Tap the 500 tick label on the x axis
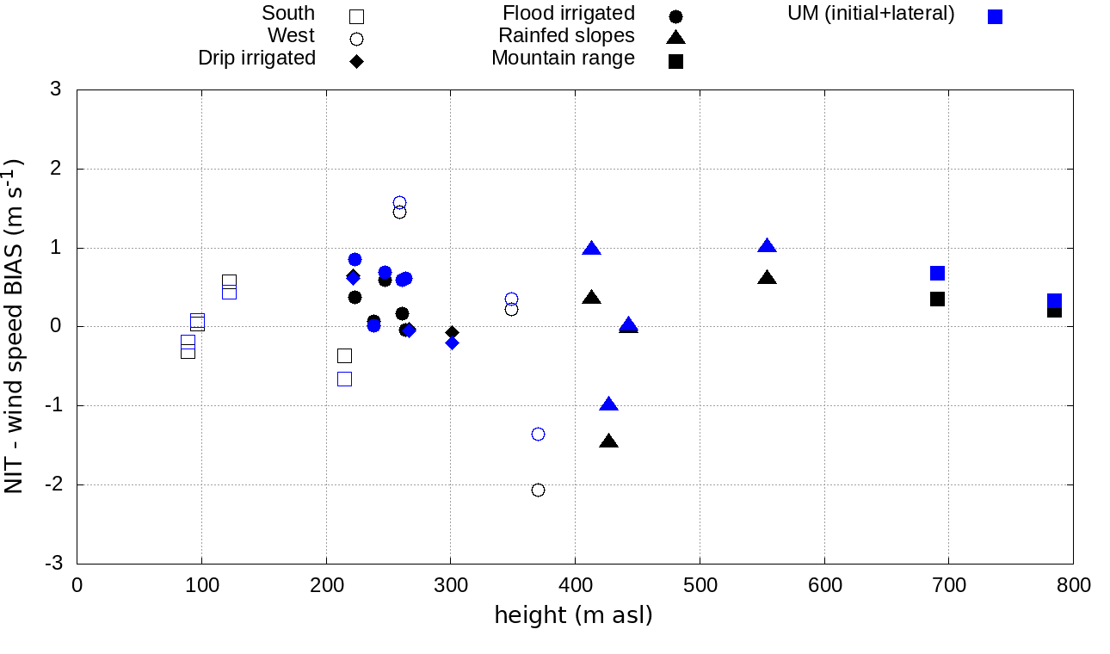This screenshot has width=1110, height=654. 700,586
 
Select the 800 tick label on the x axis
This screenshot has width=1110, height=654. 1073,586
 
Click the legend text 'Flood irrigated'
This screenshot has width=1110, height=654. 569,14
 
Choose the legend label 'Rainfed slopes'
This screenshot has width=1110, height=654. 566,36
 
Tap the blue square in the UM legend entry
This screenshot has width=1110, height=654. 995,16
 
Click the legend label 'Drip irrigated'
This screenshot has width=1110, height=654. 256,59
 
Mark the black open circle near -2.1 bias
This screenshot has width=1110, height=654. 538,490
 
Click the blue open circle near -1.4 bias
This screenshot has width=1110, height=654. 538,434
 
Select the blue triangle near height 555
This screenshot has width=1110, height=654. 767,246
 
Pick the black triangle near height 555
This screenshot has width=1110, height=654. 767,278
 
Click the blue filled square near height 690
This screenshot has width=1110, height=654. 937,273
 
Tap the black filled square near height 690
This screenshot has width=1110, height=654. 937,299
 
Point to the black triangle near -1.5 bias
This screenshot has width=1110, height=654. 608,441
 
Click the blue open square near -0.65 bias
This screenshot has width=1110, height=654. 344,379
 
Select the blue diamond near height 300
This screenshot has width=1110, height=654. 452,342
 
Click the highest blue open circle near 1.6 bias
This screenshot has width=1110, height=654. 399,202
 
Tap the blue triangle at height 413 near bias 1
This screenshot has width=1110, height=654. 591,249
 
